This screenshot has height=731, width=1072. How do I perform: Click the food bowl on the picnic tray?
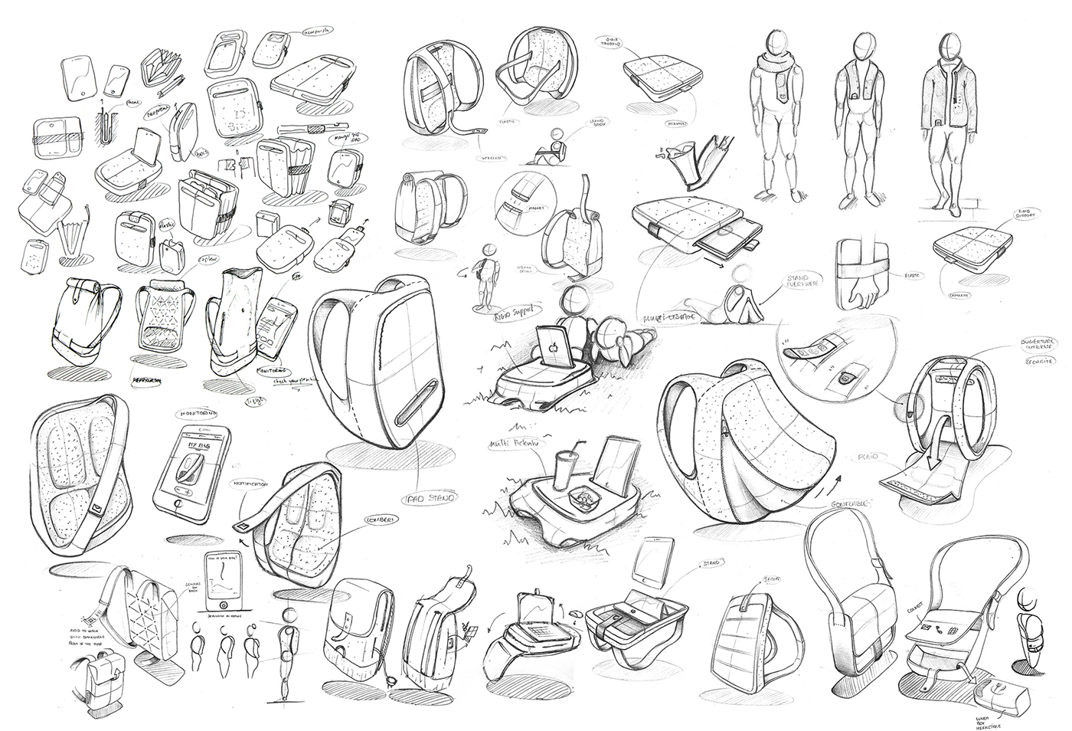tap(585, 500)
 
